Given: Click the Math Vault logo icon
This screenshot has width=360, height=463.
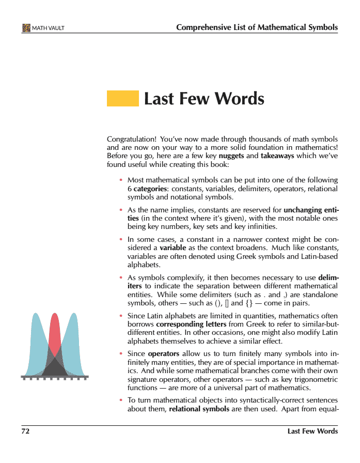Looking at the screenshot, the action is click(x=26, y=27).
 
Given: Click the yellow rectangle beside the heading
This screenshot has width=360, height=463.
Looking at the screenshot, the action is click(x=122, y=98).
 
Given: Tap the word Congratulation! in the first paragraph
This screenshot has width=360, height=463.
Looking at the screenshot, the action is click(x=131, y=140).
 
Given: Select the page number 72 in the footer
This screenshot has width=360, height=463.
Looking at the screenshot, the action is click(x=25, y=431).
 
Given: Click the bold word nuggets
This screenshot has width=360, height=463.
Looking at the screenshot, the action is click(x=231, y=156).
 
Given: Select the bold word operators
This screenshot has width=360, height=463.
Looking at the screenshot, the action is click(x=164, y=354).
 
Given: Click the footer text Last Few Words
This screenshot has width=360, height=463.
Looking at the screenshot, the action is click(x=312, y=431).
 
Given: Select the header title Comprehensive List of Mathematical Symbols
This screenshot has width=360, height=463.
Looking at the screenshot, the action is click(x=257, y=27).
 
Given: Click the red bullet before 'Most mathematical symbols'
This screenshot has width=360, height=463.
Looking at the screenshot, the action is click(x=121, y=180).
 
